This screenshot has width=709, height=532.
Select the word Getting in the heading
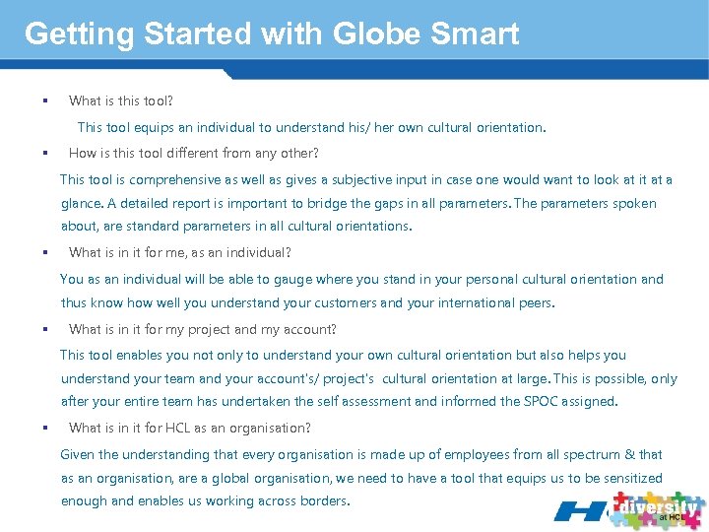click(x=79, y=33)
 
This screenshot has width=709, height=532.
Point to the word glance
click(x=81, y=203)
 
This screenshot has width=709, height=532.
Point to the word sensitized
click(x=627, y=478)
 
